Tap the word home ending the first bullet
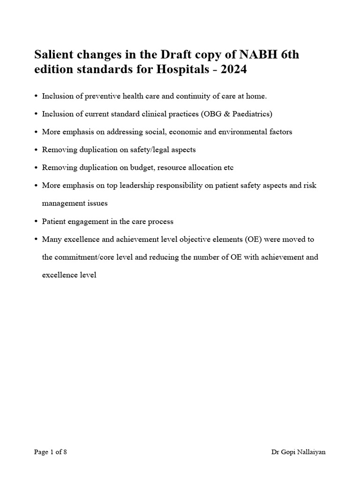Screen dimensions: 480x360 click(x=256, y=96)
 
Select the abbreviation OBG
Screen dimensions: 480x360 click(x=211, y=114)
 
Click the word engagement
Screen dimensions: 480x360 click(x=87, y=221)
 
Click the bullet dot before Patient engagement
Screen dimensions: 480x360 click(x=36, y=221)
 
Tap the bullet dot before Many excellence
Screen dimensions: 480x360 click(x=36, y=239)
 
